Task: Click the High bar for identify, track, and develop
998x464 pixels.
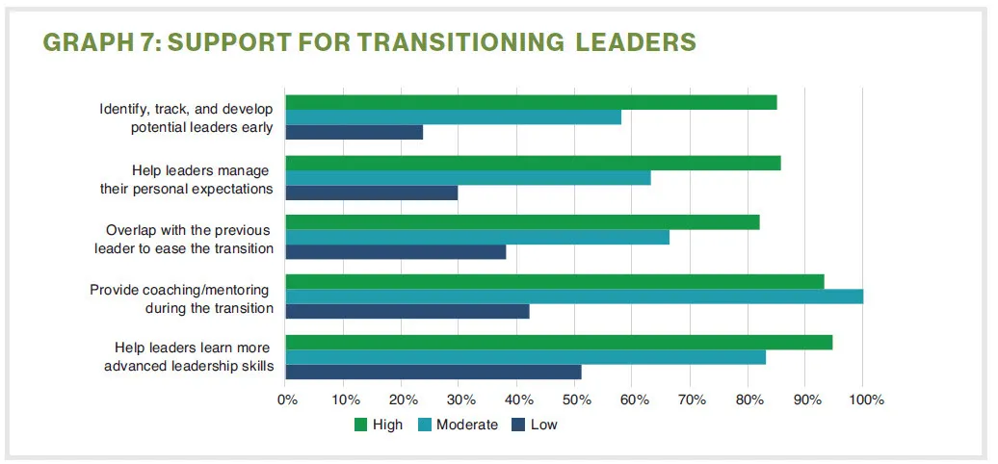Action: click(x=531, y=102)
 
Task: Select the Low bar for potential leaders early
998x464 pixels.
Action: click(x=355, y=132)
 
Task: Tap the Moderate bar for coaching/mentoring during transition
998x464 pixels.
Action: click(x=574, y=296)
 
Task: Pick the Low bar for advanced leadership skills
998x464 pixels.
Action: click(x=433, y=372)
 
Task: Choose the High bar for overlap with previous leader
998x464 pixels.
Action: click(x=522, y=222)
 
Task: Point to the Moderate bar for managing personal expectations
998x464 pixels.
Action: click(x=468, y=177)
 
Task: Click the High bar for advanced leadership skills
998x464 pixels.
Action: click(x=559, y=342)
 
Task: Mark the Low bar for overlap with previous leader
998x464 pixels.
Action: click(x=396, y=252)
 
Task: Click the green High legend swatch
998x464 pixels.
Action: click(x=361, y=425)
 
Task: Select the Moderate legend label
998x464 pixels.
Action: click(x=467, y=425)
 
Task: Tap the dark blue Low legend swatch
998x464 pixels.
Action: click(x=519, y=425)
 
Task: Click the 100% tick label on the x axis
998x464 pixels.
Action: click(x=866, y=400)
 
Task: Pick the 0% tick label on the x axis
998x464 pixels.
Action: click(x=286, y=400)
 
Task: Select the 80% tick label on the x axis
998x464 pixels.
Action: click(x=748, y=400)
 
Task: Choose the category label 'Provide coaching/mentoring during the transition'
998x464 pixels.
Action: click(x=181, y=298)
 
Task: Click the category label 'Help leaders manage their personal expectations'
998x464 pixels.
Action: click(x=186, y=179)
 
